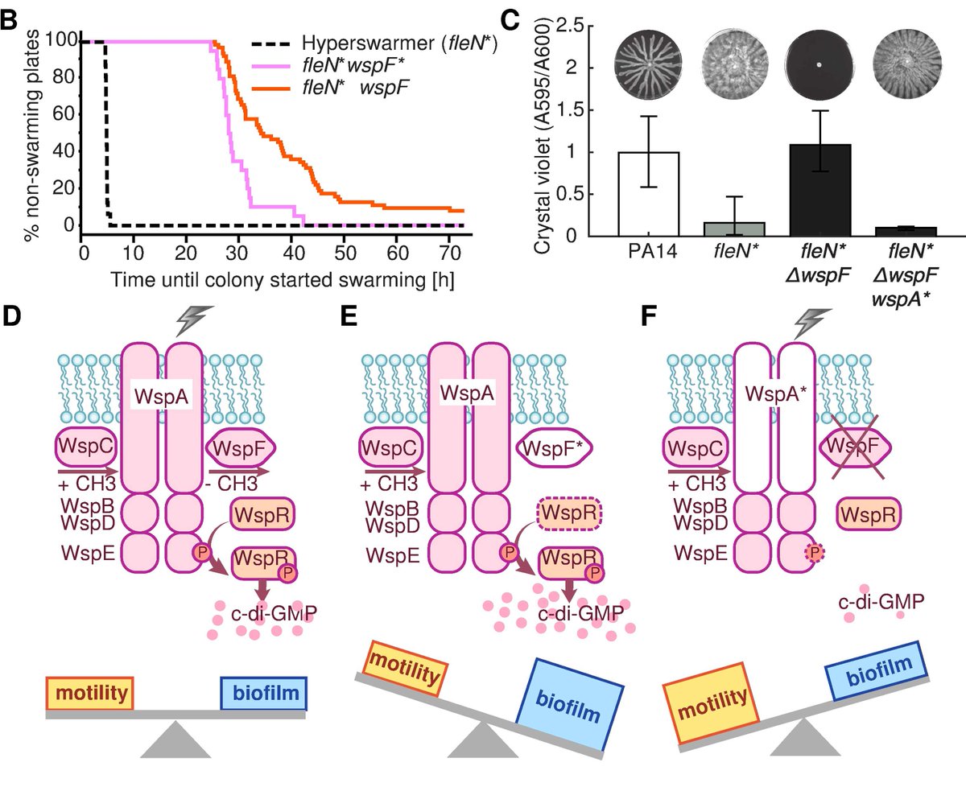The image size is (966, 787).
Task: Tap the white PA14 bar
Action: pyautogui.click(x=650, y=193)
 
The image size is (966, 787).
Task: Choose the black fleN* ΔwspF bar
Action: pyautogui.click(x=820, y=190)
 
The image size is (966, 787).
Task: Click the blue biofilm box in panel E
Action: pyautogui.click(x=573, y=698)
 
